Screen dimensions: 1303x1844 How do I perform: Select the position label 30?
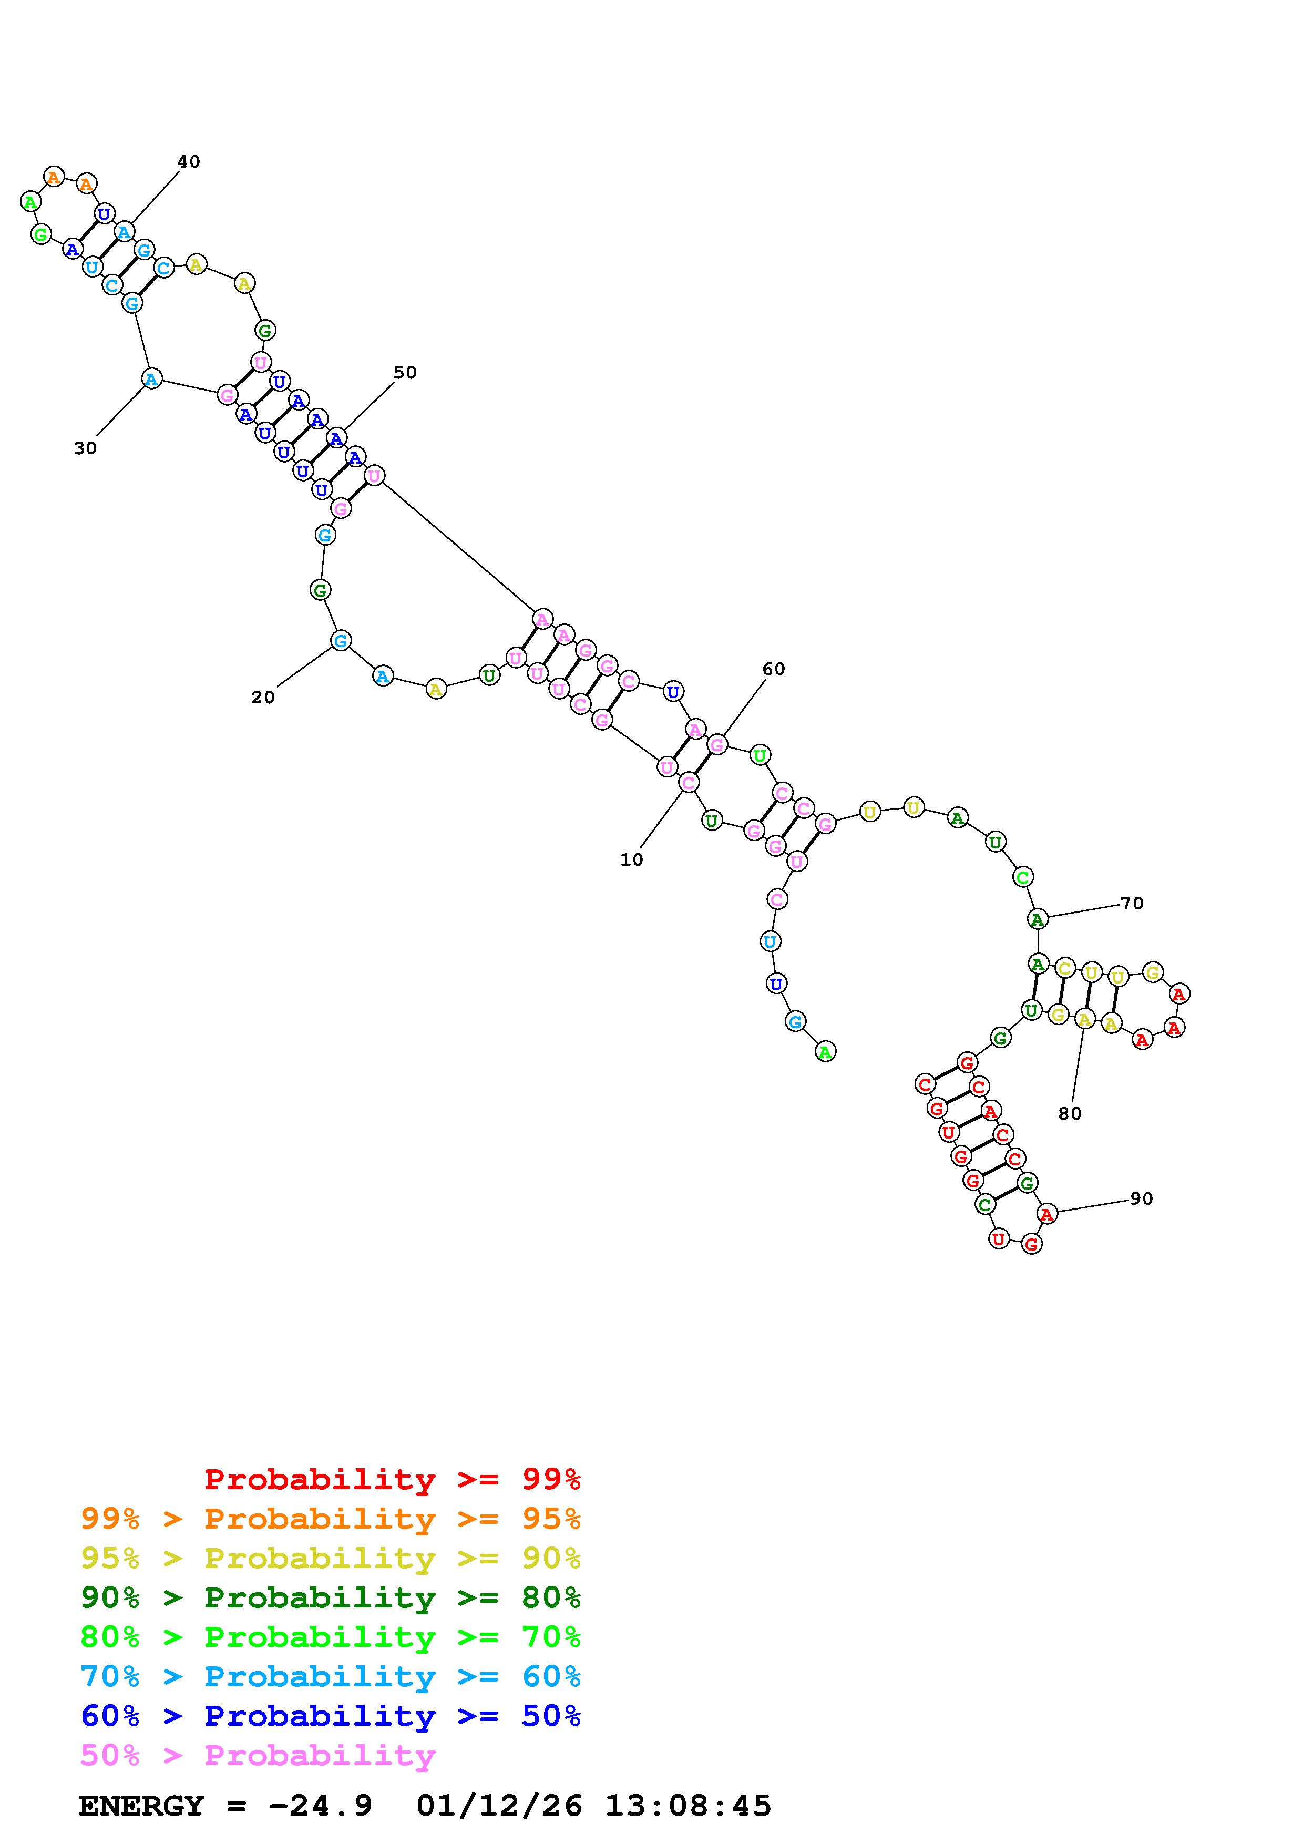point(85,448)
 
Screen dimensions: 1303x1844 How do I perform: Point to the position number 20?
point(262,697)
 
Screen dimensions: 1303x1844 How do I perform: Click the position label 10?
point(631,859)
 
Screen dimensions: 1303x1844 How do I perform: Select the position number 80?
point(1070,1113)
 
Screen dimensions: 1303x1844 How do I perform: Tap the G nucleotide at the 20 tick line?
point(341,641)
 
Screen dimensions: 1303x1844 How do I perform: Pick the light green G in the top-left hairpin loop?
point(40,234)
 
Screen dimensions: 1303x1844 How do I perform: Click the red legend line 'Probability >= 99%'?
point(392,1479)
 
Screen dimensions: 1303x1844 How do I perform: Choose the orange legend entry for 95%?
point(330,1519)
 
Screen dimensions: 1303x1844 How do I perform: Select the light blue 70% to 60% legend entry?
point(330,1676)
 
